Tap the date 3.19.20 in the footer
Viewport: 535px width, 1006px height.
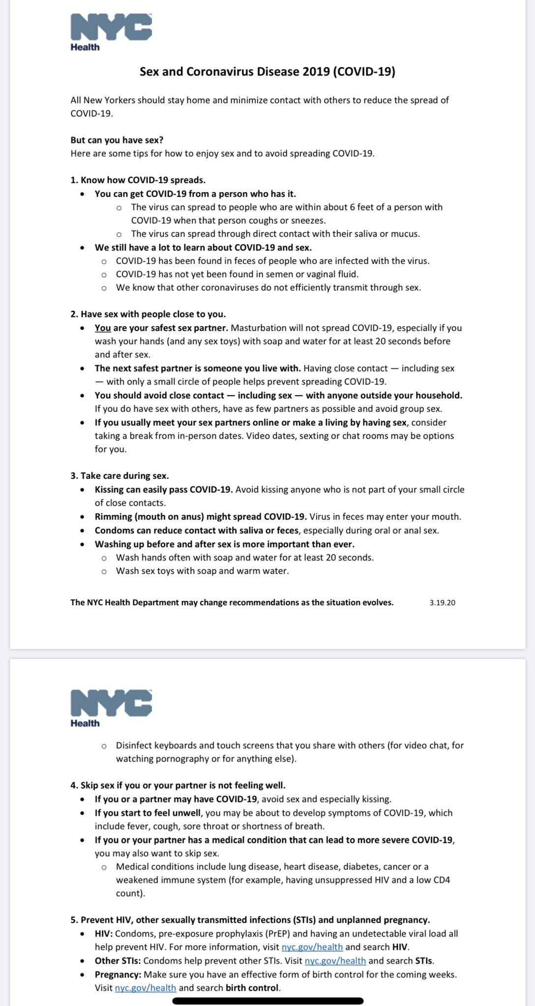tap(442, 603)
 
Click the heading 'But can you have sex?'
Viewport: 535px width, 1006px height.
tap(117, 140)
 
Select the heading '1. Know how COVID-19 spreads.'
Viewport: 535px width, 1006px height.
tap(138, 180)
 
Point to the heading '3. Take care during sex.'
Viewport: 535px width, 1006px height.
tap(119, 475)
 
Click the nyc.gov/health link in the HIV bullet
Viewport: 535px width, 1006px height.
tap(312, 947)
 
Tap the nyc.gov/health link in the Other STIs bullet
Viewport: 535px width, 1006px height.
tap(335, 960)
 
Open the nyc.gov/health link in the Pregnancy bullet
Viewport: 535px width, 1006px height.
tap(145, 987)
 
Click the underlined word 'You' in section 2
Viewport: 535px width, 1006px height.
tap(103, 328)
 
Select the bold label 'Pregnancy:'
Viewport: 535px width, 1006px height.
tap(118, 974)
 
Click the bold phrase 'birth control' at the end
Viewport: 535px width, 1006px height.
tap(252, 987)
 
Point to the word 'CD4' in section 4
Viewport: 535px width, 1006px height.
tap(442, 879)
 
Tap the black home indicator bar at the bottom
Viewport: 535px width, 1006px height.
tap(267, 1001)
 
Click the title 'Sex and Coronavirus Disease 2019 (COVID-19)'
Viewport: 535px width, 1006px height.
tap(267, 72)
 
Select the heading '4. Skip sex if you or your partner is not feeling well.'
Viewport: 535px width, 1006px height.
tap(178, 785)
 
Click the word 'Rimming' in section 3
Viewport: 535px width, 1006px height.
tap(113, 517)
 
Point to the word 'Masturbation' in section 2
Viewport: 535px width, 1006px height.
tap(259, 328)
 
